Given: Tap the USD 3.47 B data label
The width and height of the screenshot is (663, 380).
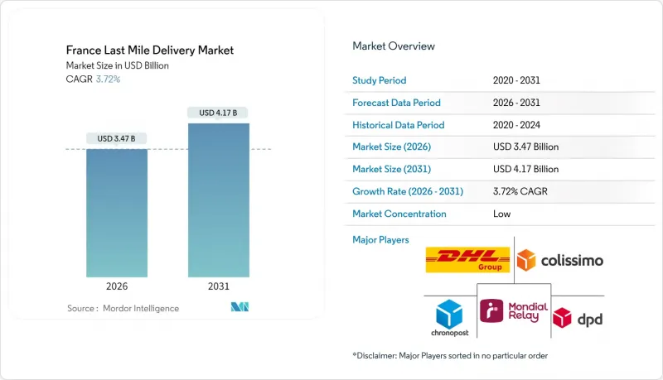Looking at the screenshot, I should pyautogui.click(x=117, y=138).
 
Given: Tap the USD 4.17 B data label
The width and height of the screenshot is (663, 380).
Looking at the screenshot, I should pyautogui.click(x=219, y=113).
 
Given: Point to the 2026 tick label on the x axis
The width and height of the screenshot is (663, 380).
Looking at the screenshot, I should pyautogui.click(x=117, y=286).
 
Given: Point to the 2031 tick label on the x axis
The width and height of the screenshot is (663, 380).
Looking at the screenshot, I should pyautogui.click(x=219, y=286).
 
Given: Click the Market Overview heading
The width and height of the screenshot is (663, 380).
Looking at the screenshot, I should pyautogui.click(x=394, y=46).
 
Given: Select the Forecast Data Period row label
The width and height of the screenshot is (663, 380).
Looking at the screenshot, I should pyautogui.click(x=397, y=103).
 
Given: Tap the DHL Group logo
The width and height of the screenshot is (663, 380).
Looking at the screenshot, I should pyautogui.click(x=467, y=260).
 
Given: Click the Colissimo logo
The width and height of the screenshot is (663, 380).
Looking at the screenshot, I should pyautogui.click(x=559, y=261).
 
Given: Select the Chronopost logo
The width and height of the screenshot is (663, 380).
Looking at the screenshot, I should pyautogui.click(x=449, y=317).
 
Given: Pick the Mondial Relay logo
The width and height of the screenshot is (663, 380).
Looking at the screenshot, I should pyautogui.click(x=514, y=311).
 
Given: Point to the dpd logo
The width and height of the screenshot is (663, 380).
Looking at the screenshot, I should pyautogui.click(x=577, y=317).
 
